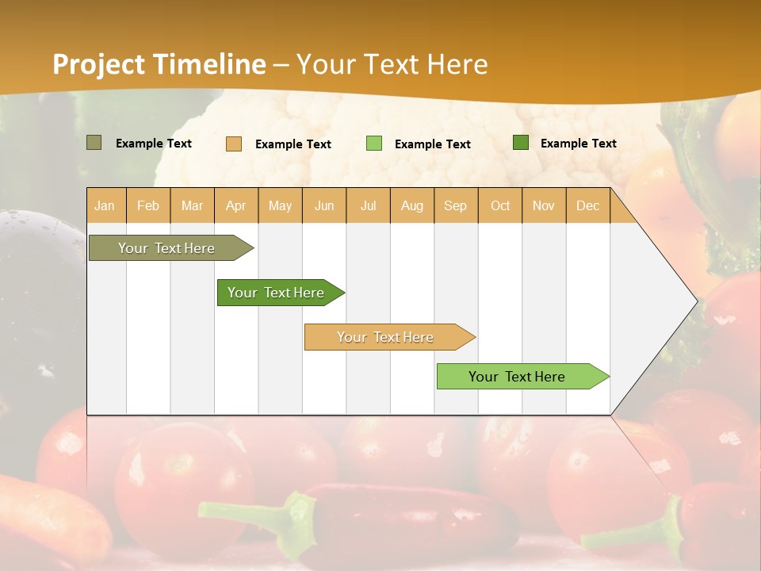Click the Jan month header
(x=105, y=206)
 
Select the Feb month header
(x=148, y=206)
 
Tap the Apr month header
(x=236, y=206)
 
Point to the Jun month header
(x=324, y=206)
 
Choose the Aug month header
(x=412, y=206)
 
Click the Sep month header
(x=456, y=206)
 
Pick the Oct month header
(x=500, y=206)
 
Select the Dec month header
(x=588, y=206)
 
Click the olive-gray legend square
(x=94, y=143)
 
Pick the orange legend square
(x=234, y=144)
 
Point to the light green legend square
(x=374, y=144)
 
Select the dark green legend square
(x=521, y=143)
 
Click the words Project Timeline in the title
(x=159, y=64)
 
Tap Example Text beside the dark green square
(x=579, y=144)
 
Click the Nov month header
(x=544, y=206)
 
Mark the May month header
(x=280, y=206)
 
